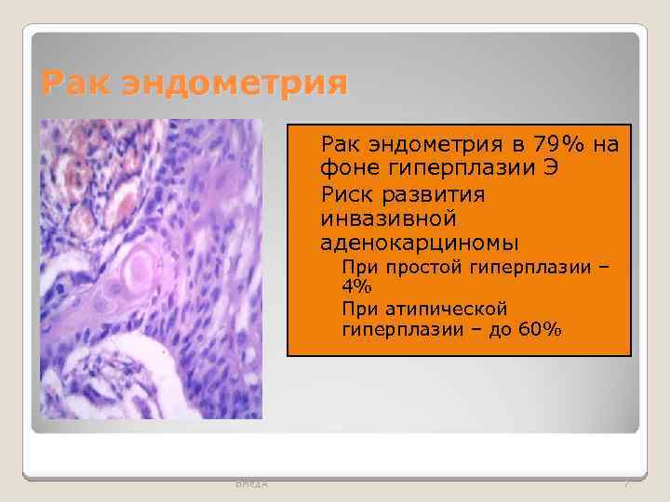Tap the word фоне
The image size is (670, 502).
click(x=350, y=169)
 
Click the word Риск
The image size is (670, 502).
click(x=348, y=195)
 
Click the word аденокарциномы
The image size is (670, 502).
click(x=420, y=244)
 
